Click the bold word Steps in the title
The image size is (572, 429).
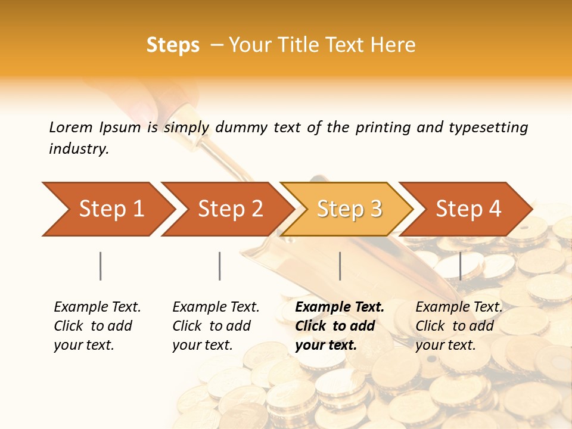click(x=173, y=45)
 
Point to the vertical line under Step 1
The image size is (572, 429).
click(x=101, y=266)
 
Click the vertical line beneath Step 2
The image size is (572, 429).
click(x=220, y=266)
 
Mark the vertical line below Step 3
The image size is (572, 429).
click(x=340, y=266)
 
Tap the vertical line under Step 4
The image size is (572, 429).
click(x=460, y=266)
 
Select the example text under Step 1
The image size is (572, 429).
click(x=97, y=326)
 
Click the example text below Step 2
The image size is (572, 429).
click(x=216, y=326)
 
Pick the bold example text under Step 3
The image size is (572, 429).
click(x=340, y=326)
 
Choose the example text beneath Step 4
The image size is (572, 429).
click(x=459, y=326)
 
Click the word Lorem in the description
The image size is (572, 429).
click(x=70, y=127)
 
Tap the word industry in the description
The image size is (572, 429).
click(x=79, y=149)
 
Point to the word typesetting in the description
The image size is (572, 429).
click(x=488, y=127)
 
